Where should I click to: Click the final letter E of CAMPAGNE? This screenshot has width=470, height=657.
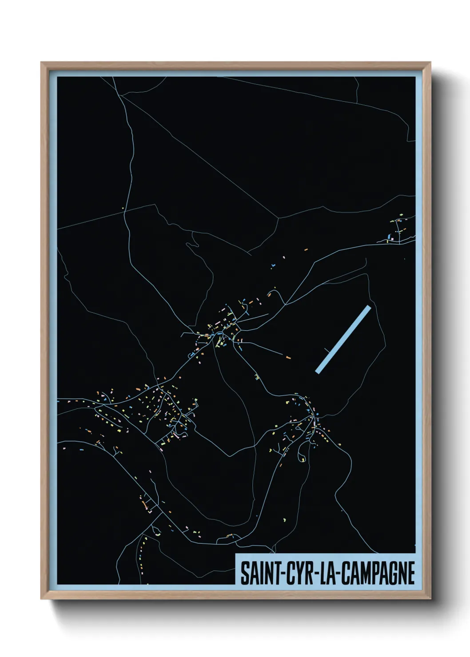click(x=411, y=573)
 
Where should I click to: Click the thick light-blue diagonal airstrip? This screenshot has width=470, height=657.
click(x=343, y=339)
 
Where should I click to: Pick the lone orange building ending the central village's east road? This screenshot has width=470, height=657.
click(x=288, y=356)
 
